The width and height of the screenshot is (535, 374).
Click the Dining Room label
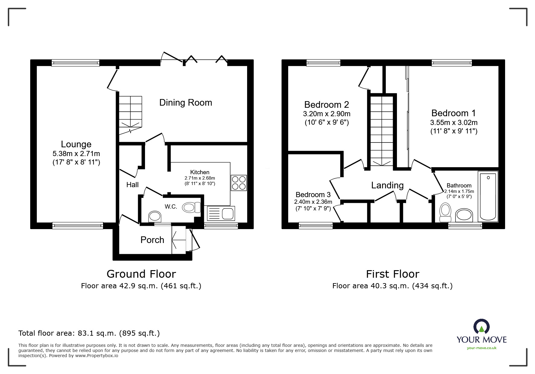point(185,103)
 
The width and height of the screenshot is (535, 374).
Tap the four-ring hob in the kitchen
point(239,183)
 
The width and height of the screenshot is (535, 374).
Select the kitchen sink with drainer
point(221,214)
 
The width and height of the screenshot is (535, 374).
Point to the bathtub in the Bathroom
point(488,196)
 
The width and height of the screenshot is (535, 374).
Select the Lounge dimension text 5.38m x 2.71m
point(76,153)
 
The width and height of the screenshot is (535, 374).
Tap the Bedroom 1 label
point(453,113)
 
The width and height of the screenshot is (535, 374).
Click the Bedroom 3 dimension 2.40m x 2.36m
point(313,202)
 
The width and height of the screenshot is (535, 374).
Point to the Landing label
point(387,185)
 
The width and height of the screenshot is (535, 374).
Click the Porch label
point(152,240)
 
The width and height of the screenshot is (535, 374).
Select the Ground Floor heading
point(141,274)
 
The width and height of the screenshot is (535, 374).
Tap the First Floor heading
point(392,274)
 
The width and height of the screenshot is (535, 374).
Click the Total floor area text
point(89,333)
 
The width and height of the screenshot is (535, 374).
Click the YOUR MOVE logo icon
point(481,327)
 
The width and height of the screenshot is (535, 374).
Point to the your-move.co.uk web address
point(482,348)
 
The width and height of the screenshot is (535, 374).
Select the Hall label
point(132,185)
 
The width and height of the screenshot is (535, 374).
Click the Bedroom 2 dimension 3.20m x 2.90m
point(327,114)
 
